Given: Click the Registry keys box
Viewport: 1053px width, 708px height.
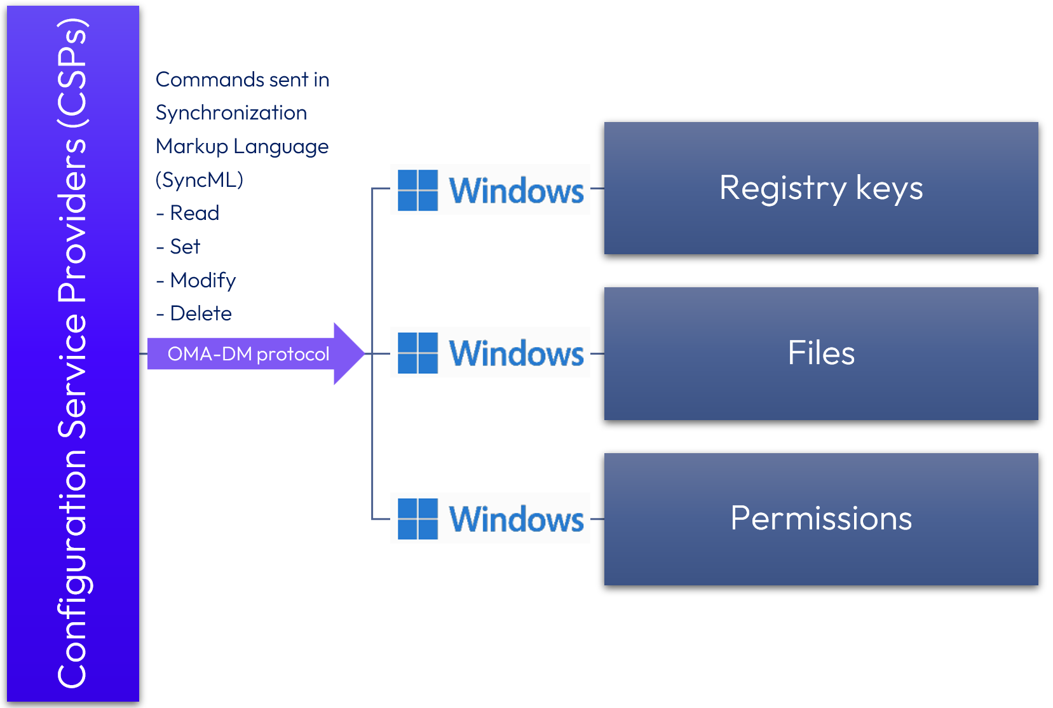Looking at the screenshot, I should click(820, 188).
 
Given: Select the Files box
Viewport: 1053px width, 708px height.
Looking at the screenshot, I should click(820, 353).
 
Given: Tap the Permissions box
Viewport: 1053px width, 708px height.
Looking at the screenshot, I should click(820, 519).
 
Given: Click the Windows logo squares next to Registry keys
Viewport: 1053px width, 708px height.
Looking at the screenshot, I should click(418, 190).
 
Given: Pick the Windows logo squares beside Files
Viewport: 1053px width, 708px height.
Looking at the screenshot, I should click(418, 353).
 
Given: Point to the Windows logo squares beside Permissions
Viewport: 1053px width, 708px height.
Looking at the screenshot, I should click(418, 519).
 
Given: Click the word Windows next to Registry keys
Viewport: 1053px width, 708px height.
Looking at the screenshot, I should click(516, 191).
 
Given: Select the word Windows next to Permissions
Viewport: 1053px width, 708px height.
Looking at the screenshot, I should click(516, 519).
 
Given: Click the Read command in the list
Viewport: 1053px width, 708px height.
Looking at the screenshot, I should click(194, 213).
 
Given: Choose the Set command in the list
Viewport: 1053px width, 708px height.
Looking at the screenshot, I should click(185, 247).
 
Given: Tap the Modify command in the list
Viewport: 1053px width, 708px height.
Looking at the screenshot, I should click(203, 280).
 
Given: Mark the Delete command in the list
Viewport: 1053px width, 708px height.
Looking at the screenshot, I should click(201, 313).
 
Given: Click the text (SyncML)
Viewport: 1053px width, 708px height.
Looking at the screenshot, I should click(200, 180).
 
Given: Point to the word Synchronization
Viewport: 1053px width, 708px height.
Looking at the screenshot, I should click(231, 113).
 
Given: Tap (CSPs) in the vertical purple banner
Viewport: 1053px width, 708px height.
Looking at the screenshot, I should click(72, 73).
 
